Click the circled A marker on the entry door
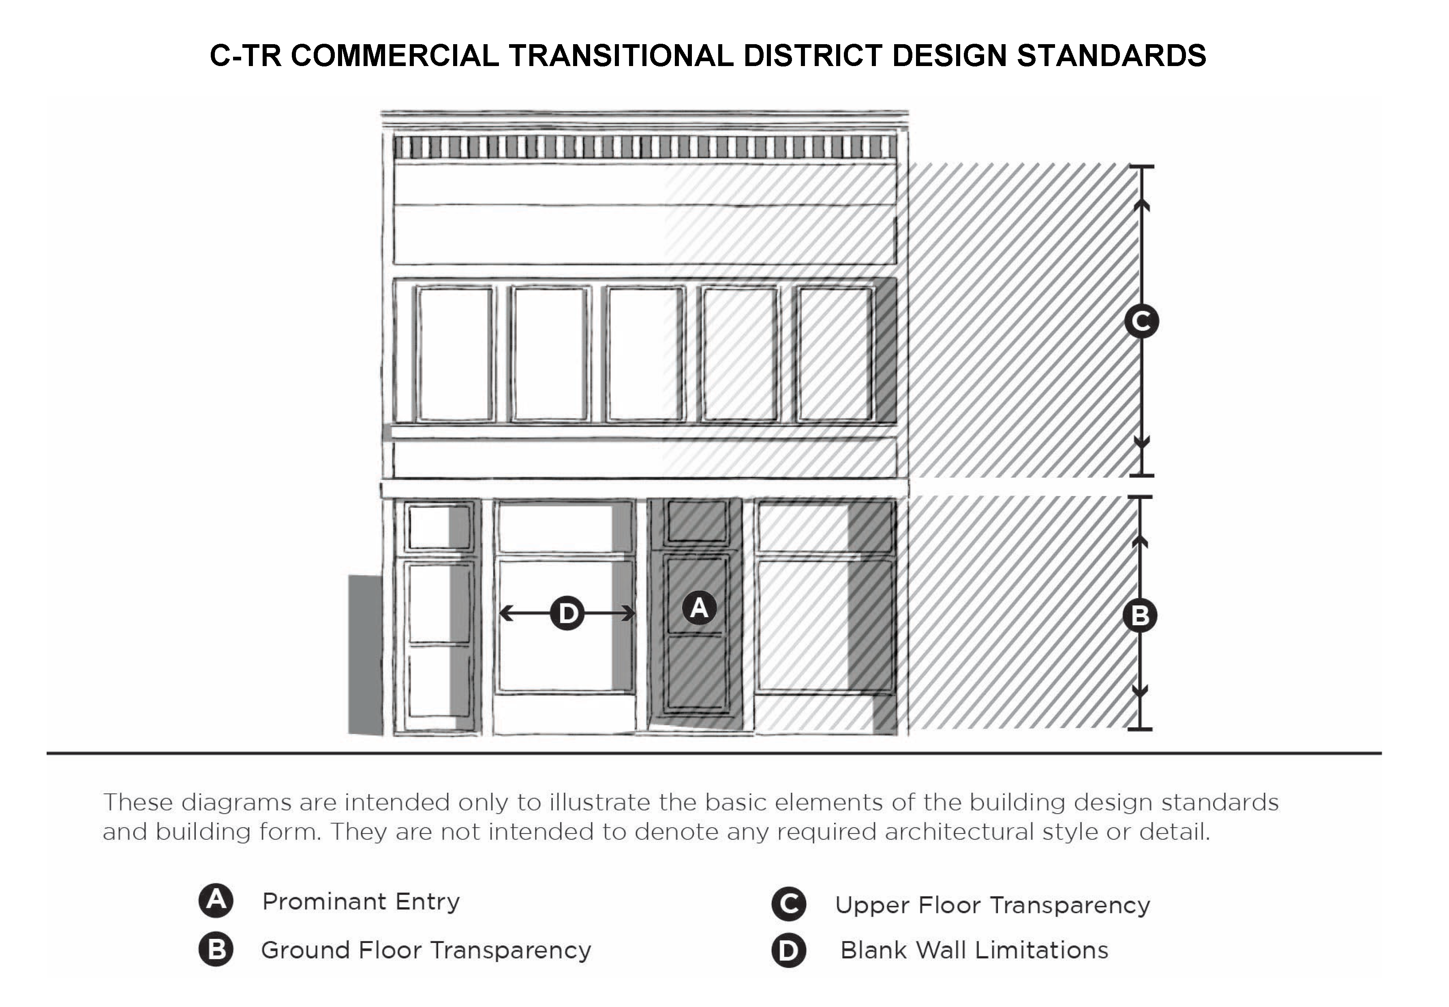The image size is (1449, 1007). click(x=699, y=607)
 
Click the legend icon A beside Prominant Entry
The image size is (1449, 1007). click(x=216, y=900)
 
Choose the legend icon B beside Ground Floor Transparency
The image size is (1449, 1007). click(x=216, y=949)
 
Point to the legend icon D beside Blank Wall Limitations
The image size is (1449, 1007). click(x=788, y=950)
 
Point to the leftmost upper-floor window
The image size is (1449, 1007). click(x=454, y=353)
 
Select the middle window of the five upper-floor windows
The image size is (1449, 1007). click(x=645, y=353)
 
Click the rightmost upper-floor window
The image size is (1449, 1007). click(x=835, y=353)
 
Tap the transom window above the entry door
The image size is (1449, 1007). click(x=697, y=521)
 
